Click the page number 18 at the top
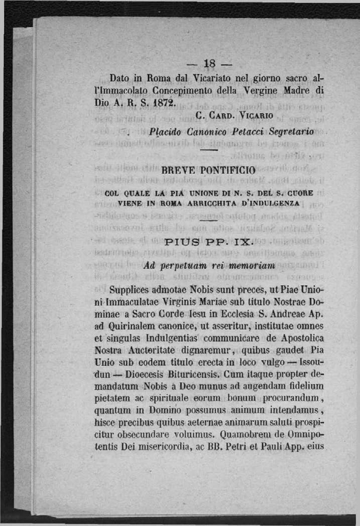(x=209, y=64)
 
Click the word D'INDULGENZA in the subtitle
(x=274, y=203)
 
